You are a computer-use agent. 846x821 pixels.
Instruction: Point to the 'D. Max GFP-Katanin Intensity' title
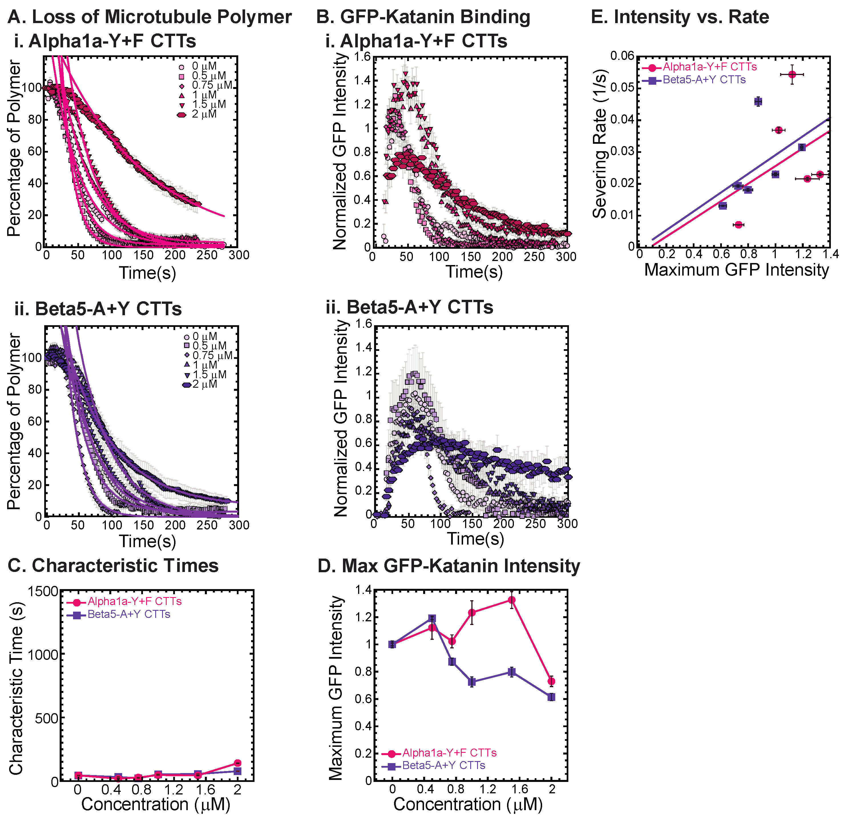click(x=449, y=566)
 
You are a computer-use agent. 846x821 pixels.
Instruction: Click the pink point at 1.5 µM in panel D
click(x=512, y=600)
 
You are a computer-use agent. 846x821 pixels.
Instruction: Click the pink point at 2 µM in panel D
click(x=551, y=681)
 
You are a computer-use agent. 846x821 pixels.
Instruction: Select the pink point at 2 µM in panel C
click(x=237, y=763)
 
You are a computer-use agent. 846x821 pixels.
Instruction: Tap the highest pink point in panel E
click(x=792, y=75)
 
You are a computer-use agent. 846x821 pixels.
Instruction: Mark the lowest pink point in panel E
click(x=738, y=225)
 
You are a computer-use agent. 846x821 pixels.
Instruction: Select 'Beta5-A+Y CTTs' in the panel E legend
click(x=704, y=80)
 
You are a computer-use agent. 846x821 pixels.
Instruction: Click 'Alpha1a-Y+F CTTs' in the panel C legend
click(x=134, y=601)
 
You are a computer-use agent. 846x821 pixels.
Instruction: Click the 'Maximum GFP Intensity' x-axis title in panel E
click(x=736, y=270)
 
